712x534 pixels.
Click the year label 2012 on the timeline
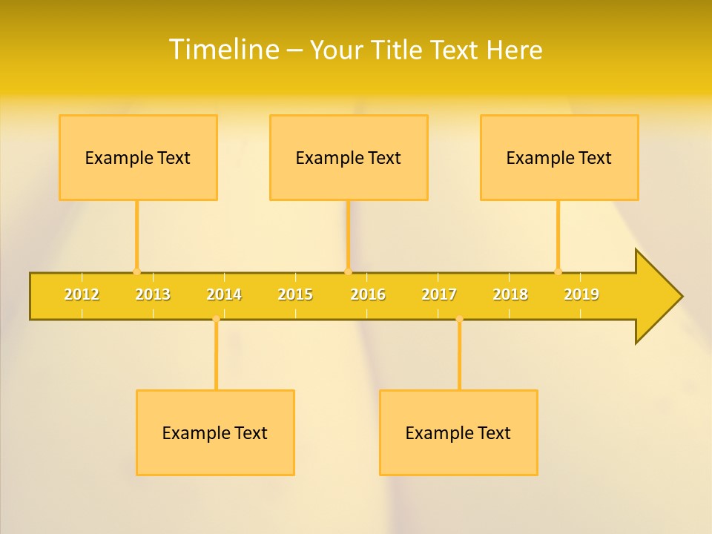(82, 294)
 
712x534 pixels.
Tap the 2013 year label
(153, 294)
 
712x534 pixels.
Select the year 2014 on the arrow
(224, 294)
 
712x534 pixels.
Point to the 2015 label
(295, 294)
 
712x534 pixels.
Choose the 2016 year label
(368, 294)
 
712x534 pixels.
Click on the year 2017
(439, 294)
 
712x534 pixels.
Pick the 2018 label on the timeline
(510, 294)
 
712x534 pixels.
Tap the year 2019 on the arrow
(581, 294)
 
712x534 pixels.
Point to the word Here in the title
(515, 50)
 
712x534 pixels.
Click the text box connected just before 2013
(138, 157)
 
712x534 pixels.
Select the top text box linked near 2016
(349, 157)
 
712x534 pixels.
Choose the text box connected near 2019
(559, 157)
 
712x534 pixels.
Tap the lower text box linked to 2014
(215, 432)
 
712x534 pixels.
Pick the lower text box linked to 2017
(458, 432)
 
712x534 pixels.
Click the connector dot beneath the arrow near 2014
(216, 319)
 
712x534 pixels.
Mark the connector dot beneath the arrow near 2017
(459, 319)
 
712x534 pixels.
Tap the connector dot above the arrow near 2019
(558, 271)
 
